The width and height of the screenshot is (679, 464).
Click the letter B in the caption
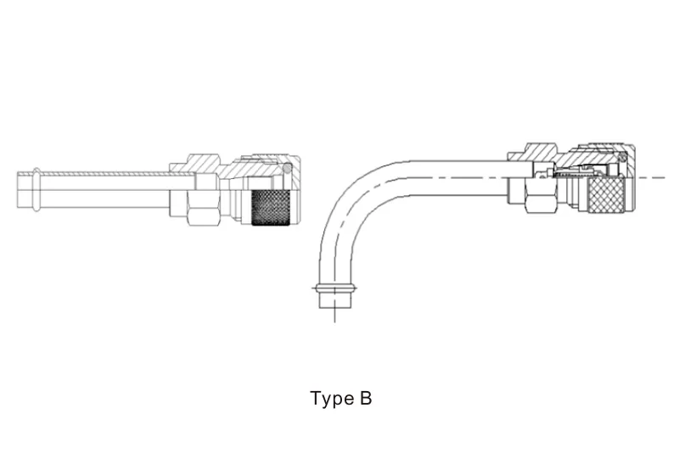pos(365,398)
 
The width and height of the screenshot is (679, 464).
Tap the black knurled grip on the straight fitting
pos(272,206)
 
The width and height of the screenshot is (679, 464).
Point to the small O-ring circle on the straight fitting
pos(288,169)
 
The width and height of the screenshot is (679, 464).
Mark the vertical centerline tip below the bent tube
pos(334,317)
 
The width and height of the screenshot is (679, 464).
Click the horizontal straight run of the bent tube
pos(450,176)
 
